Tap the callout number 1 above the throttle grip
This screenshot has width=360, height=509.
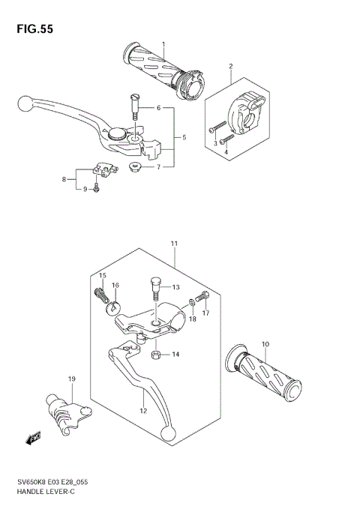point(163,44)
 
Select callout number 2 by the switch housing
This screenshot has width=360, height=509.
point(231,67)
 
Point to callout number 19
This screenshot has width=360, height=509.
point(72,379)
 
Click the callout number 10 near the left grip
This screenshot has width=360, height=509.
point(265,344)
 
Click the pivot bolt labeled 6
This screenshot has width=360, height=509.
point(135,104)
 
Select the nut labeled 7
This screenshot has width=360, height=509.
point(136,166)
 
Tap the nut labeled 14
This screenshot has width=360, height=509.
point(155,354)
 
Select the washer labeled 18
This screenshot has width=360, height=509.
point(193,303)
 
